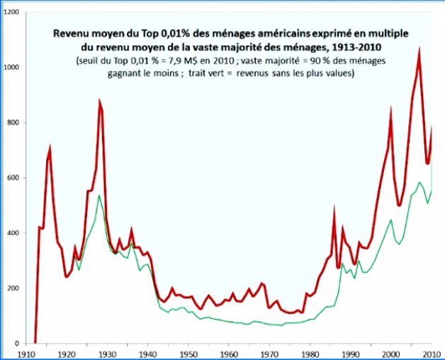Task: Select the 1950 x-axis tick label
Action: tap(187, 352)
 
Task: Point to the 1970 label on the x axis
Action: tap(269, 352)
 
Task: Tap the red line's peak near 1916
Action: tap(50, 147)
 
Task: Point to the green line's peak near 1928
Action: tap(99, 195)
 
